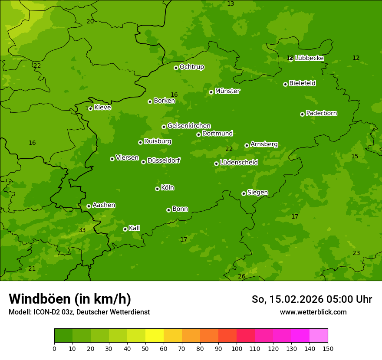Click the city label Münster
[227, 91]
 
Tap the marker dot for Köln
[157, 189]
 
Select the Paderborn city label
[321, 113]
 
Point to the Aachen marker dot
[89, 206]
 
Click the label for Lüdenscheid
[239, 163]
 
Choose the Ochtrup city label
[191, 67]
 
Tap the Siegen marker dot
[244, 193]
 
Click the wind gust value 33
[82, 230]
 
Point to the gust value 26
[242, 276]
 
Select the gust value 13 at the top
[231, 3]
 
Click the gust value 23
[356, 253]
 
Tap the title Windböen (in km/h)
[70, 299]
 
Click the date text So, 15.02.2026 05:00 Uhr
[312, 299]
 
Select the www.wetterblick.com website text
[313, 312]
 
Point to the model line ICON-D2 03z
[79, 312]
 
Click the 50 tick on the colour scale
[145, 348]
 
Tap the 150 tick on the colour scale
[328, 348]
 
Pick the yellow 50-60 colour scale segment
[155, 336]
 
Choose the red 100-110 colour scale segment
[246, 336]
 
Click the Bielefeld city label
[302, 83]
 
